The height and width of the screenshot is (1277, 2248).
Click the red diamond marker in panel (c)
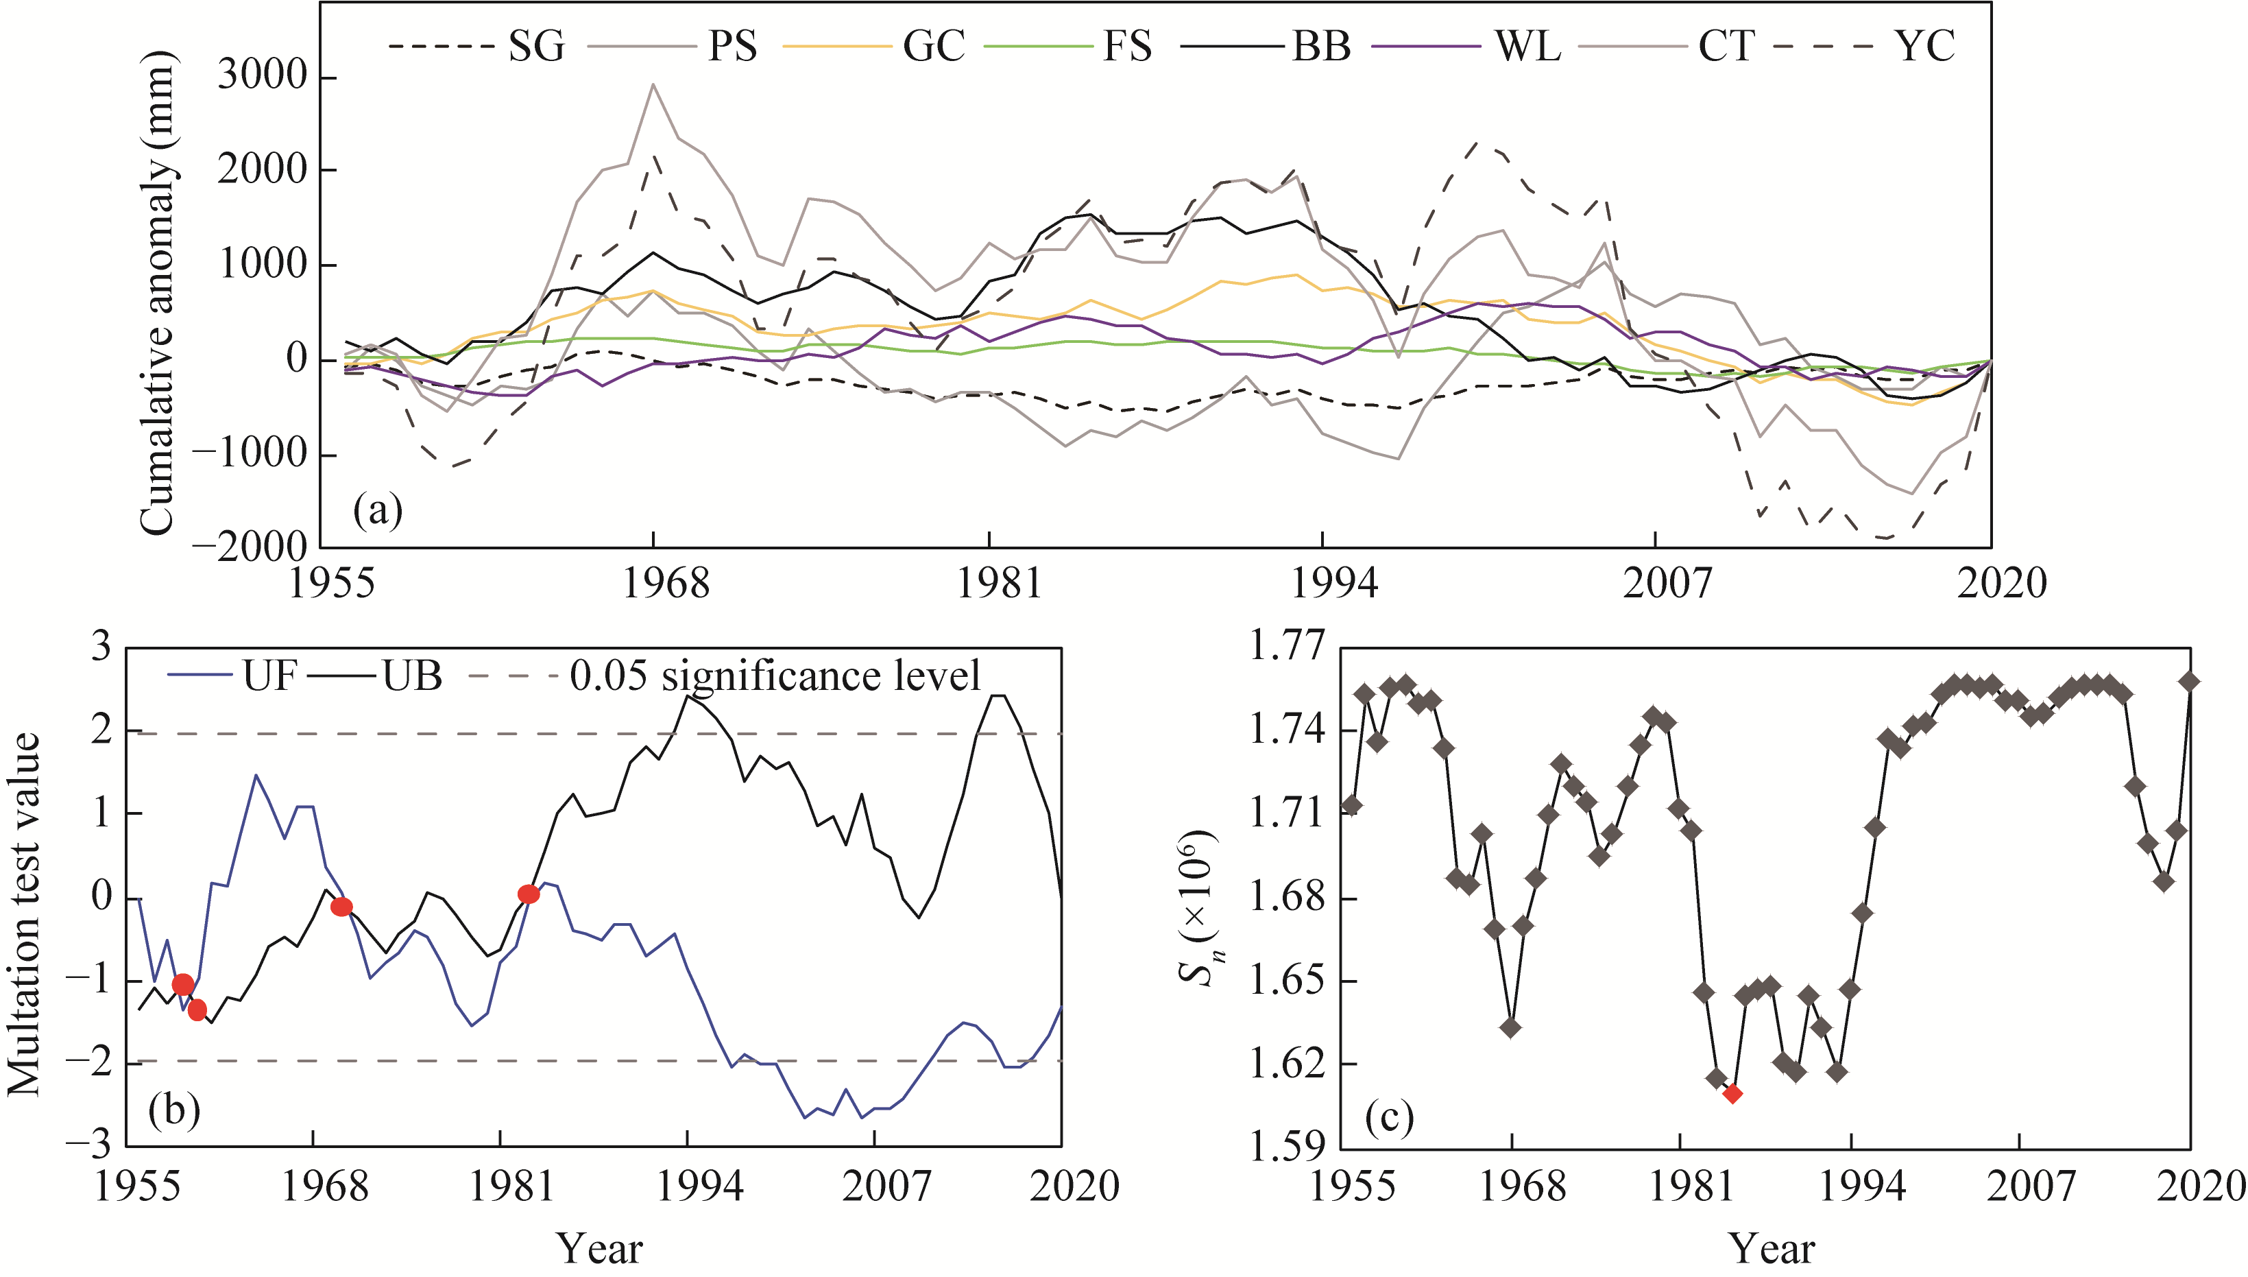click(x=1732, y=1094)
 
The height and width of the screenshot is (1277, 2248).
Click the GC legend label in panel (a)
click(x=934, y=45)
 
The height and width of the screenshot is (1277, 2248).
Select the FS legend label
click(x=1126, y=45)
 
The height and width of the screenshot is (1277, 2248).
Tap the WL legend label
click(x=1528, y=45)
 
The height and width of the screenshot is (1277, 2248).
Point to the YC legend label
click(x=1924, y=45)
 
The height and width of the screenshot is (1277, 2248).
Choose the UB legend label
click(x=412, y=676)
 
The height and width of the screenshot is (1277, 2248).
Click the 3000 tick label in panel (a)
click(x=263, y=76)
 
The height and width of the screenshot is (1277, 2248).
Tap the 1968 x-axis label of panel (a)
click(x=666, y=583)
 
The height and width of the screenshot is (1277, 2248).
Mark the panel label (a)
click(x=378, y=510)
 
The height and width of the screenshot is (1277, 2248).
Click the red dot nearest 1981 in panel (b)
click(x=529, y=894)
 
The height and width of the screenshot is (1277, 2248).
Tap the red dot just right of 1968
click(x=342, y=907)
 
